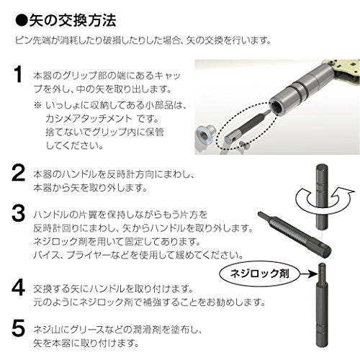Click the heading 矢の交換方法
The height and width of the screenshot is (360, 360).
click(73, 20)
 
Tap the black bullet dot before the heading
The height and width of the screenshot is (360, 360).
click(22, 21)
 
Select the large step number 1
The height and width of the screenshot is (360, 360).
click(17, 75)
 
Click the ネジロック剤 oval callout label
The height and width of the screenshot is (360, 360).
click(260, 274)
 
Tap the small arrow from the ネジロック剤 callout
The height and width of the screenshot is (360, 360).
click(309, 274)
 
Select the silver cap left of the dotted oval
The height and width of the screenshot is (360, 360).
click(205, 135)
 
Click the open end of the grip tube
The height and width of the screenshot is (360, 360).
click(278, 107)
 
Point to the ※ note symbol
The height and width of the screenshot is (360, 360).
click(37, 105)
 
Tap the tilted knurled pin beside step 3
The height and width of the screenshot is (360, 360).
click(294, 235)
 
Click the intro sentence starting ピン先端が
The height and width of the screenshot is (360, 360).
click(143, 40)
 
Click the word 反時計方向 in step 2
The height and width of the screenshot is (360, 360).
click(130, 175)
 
